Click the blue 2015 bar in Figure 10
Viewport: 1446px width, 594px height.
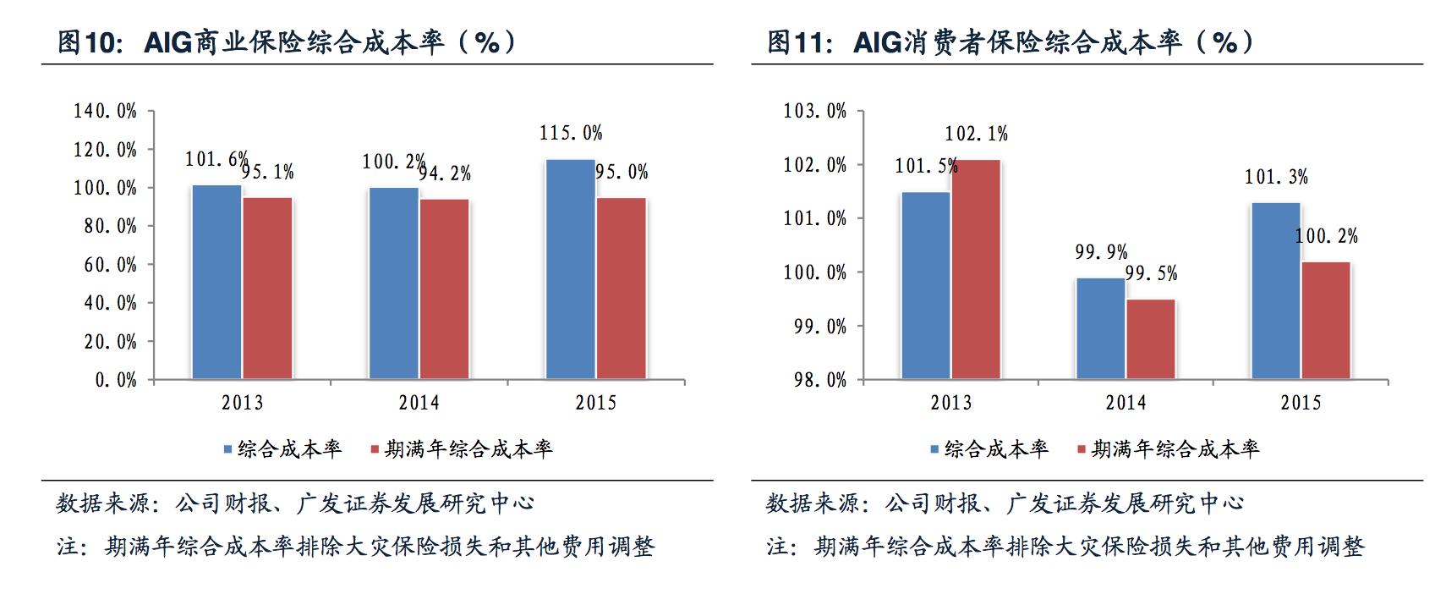pos(571,269)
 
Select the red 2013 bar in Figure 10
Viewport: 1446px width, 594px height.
pos(267,288)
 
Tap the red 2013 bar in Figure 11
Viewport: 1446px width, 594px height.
pos(975,269)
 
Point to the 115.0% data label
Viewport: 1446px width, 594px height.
pos(571,134)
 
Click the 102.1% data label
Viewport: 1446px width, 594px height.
pos(976,134)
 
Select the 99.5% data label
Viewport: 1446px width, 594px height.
pos(1151,273)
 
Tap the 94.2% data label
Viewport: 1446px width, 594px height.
pos(445,173)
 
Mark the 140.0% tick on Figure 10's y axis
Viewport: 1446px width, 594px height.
pos(105,111)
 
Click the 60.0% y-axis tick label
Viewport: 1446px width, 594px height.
pos(110,265)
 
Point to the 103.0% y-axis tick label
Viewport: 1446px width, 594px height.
pos(815,111)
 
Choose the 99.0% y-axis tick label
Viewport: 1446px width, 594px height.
pos(819,327)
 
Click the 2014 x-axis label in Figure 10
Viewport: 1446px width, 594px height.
pos(419,403)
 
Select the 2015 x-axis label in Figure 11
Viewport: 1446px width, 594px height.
pos(1301,403)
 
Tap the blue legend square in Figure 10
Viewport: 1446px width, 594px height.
pos(227,449)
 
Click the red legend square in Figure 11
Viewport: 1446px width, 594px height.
pos(1082,449)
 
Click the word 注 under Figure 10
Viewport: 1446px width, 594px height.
pos(68,547)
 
